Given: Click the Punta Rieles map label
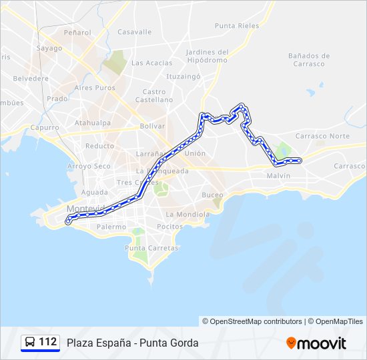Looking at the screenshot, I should [x=237, y=26].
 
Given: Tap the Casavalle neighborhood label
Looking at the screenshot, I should [x=135, y=31].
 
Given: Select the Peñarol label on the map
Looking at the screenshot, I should [x=77, y=32].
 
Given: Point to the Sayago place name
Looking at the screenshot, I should [x=49, y=48].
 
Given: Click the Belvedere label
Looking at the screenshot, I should [x=31, y=78].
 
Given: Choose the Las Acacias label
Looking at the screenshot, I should [x=151, y=63].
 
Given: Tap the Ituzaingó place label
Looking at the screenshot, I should [x=183, y=77].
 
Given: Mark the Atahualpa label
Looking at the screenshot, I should [x=93, y=123].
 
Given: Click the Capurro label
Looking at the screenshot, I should [x=45, y=127].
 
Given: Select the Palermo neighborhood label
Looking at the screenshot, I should [x=111, y=227].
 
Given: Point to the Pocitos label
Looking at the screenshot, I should [x=169, y=227].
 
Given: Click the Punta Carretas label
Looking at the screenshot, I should [x=152, y=248].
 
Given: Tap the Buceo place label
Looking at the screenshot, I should [x=213, y=195].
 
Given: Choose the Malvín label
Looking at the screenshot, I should [x=278, y=175].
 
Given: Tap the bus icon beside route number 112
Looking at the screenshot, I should [x=30, y=343].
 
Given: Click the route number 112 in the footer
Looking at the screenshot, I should [x=47, y=342].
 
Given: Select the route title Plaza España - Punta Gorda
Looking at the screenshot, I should [x=132, y=343].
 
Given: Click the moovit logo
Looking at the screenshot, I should [x=316, y=343].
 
